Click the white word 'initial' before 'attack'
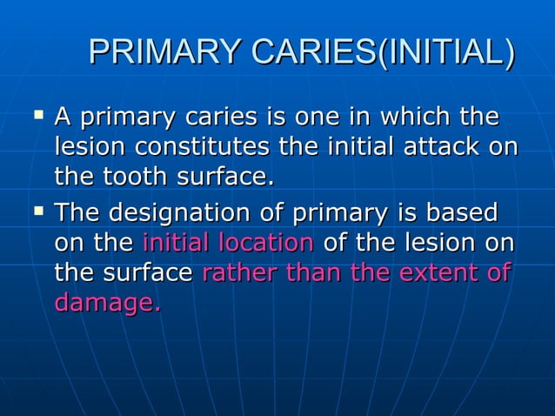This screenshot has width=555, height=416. [x=358, y=147]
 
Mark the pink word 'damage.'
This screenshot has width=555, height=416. [x=107, y=304]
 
